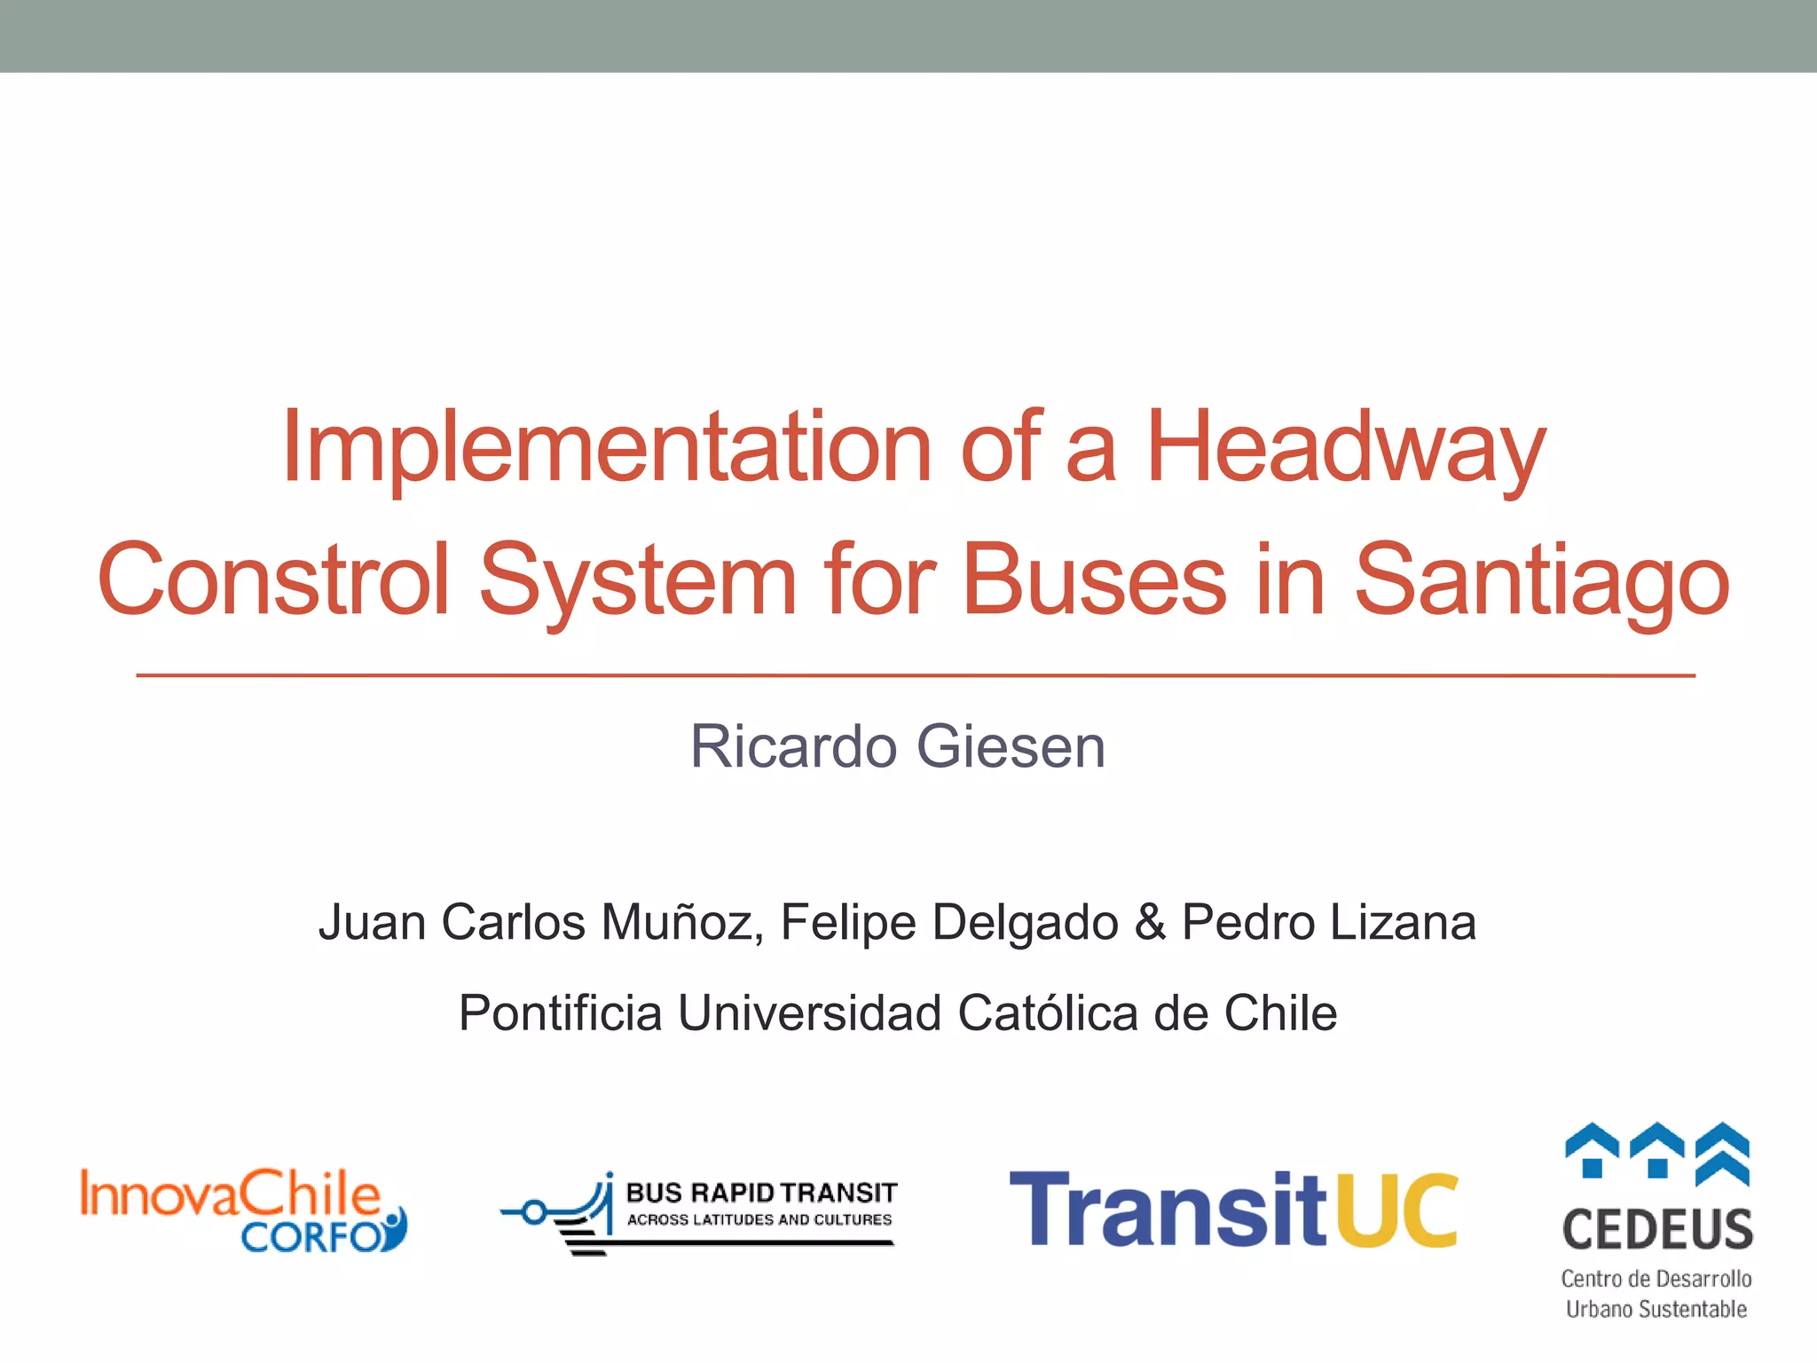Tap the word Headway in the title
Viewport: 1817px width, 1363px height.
1345,449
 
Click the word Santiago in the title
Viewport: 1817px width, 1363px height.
1541,580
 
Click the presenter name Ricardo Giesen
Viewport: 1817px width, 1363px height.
898,747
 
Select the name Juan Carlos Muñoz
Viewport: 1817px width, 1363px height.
541,923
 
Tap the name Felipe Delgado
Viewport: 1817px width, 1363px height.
949,923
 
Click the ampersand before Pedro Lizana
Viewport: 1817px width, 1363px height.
1150,923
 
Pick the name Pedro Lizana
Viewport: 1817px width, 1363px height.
1329,923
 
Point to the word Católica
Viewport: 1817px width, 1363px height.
1048,1013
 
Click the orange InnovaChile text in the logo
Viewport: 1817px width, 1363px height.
230,1193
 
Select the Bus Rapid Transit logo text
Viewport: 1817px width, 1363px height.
761,1194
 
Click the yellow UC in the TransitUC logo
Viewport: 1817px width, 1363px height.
1396,1209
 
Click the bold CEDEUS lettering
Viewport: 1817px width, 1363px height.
1657,1230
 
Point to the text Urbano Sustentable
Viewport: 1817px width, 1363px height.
1656,1309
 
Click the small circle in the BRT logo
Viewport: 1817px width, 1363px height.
533,1211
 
